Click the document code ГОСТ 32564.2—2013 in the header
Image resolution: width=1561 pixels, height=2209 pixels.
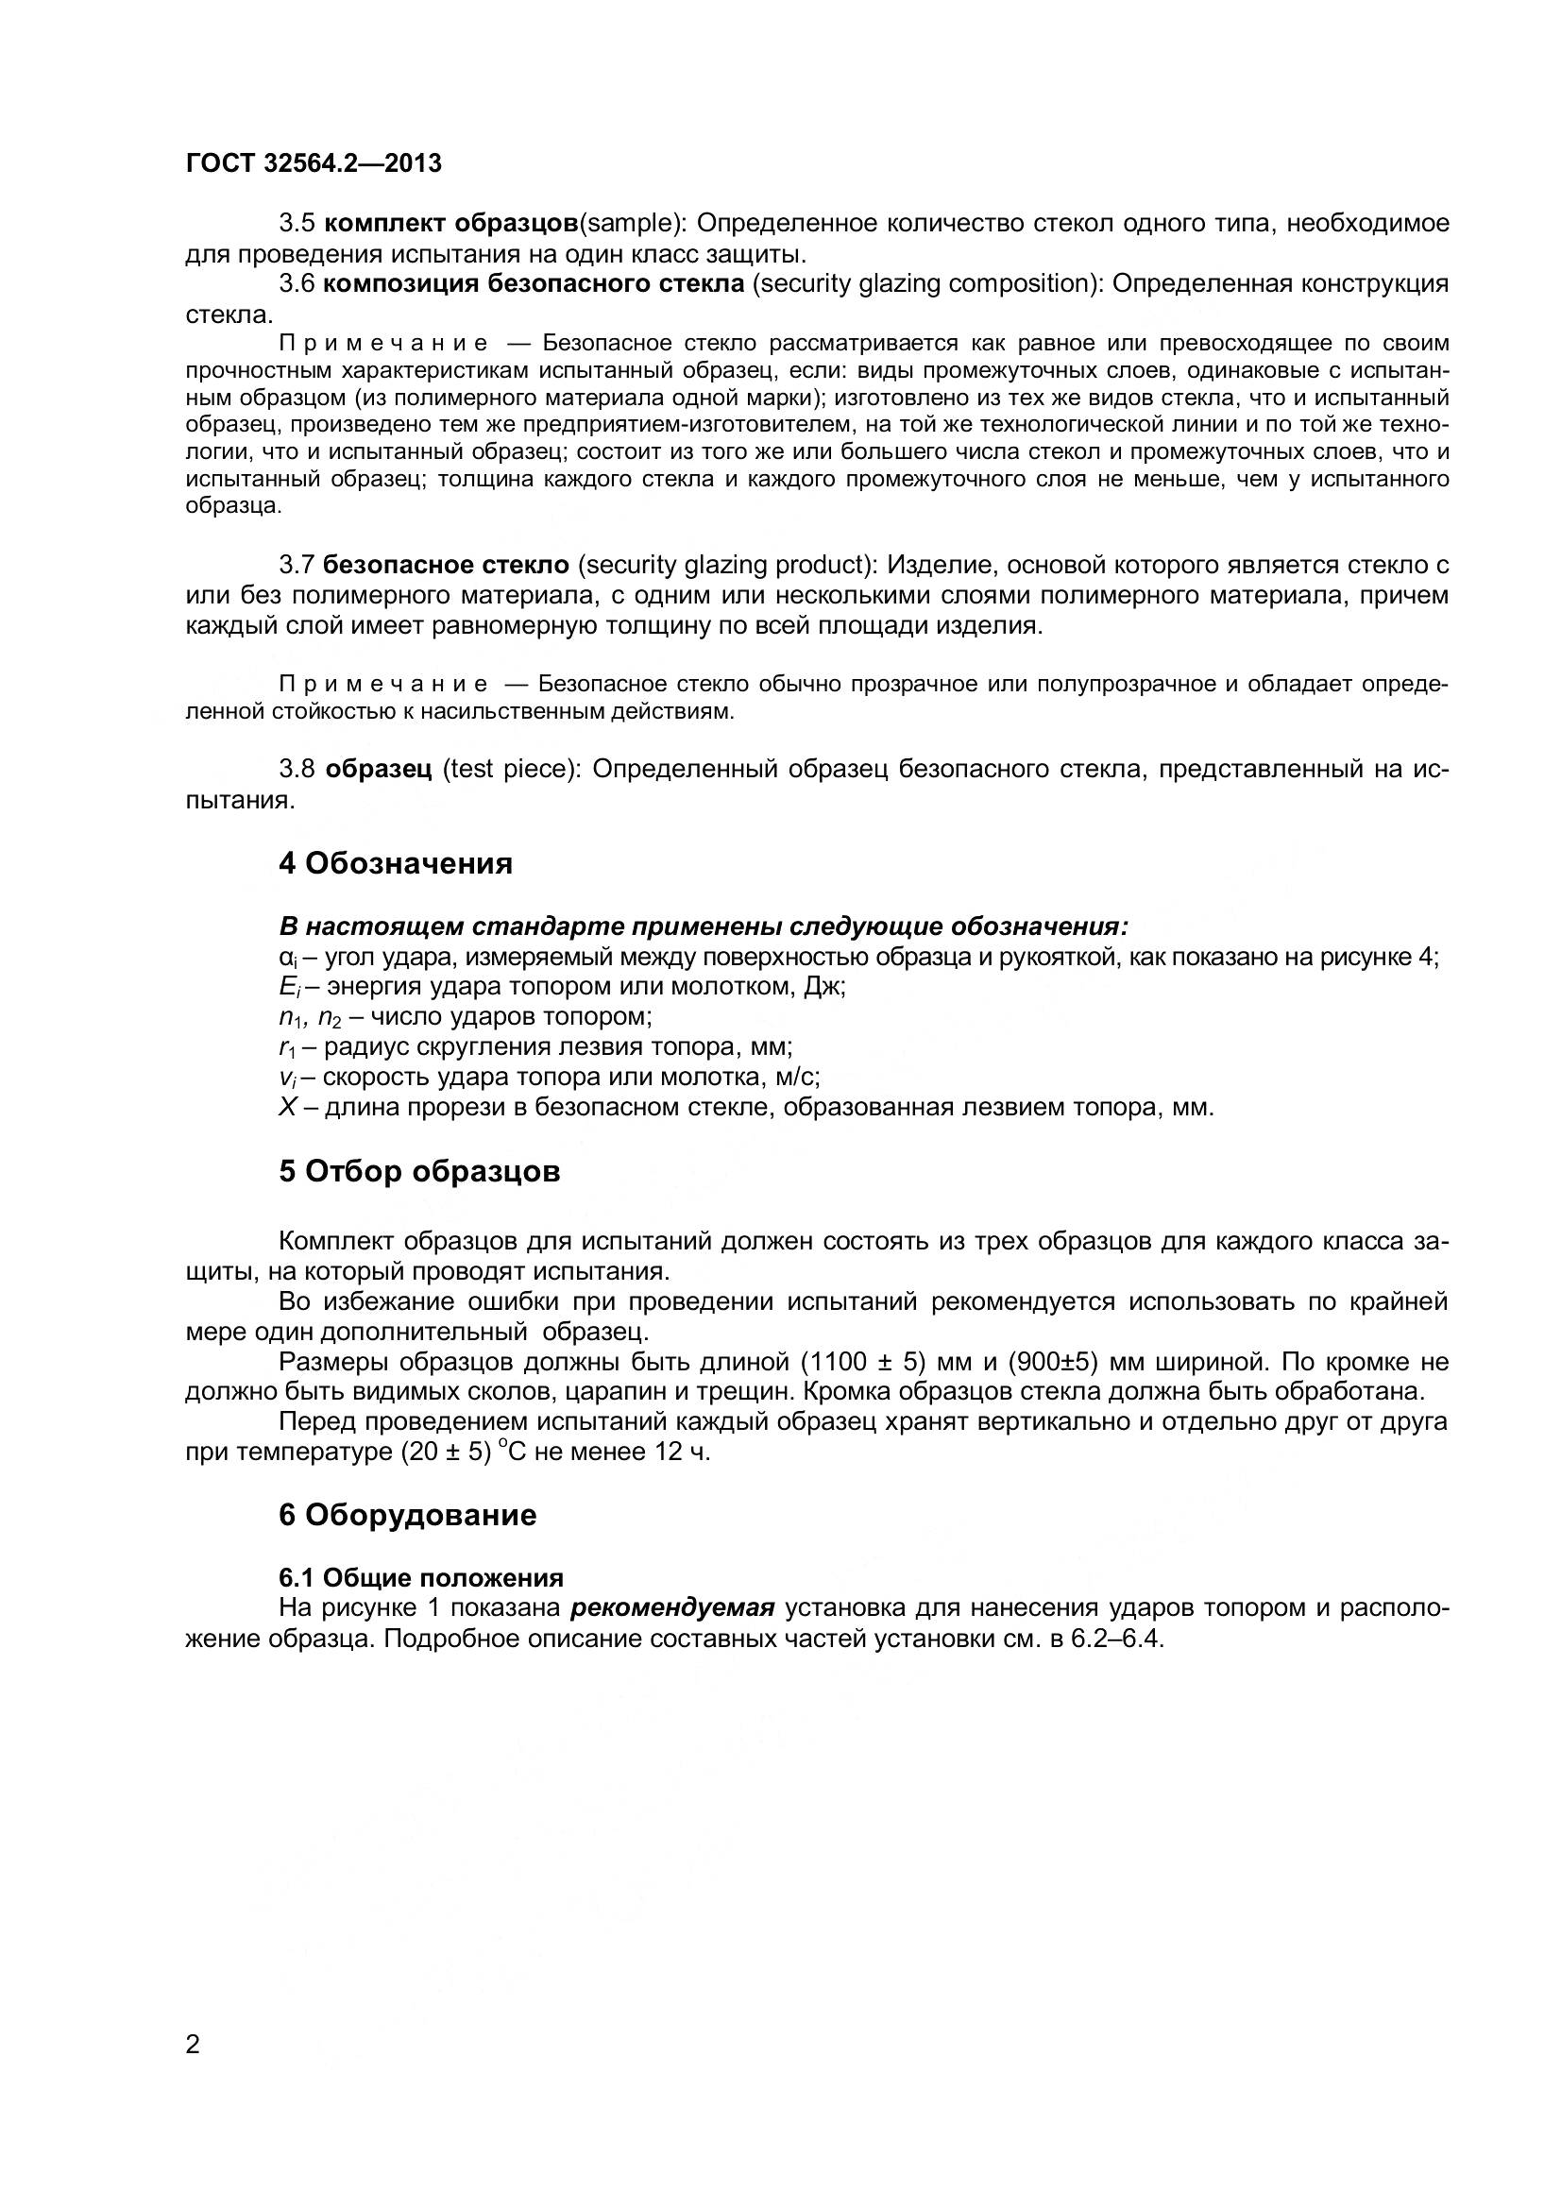(314, 163)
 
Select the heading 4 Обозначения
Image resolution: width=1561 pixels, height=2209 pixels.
(396, 863)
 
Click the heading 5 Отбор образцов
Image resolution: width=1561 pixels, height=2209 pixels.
(419, 1172)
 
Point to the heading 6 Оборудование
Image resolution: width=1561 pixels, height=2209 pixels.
(408, 1515)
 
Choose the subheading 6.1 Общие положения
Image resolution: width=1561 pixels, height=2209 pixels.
(421, 1578)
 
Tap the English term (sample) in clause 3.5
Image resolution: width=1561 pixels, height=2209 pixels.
(630, 224)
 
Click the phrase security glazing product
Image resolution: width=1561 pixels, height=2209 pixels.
(731, 565)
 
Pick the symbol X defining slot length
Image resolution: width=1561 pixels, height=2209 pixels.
(287, 1108)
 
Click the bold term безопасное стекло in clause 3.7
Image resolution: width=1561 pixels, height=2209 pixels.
(447, 565)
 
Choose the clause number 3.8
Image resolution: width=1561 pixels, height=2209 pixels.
(297, 770)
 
